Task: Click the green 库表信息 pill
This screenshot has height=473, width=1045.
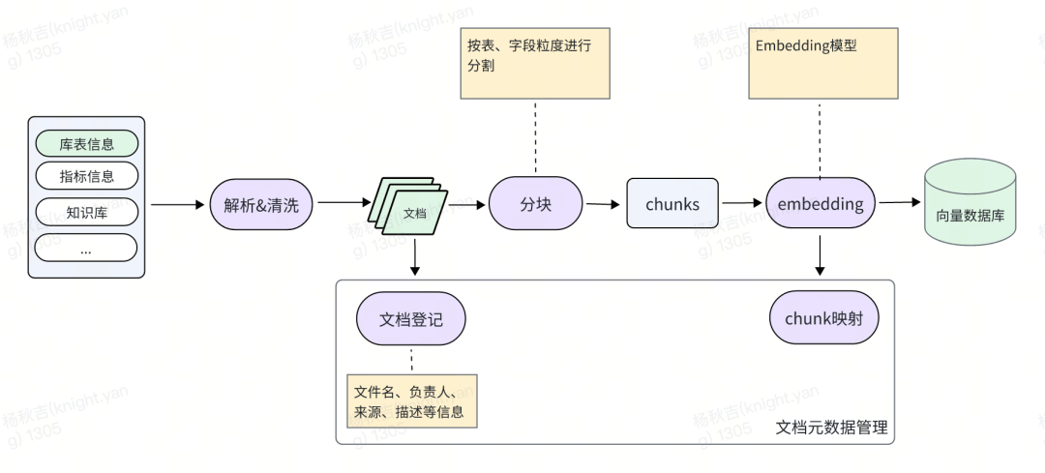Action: point(87,144)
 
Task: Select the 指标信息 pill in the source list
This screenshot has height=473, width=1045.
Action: point(87,176)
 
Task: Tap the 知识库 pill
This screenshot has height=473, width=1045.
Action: point(87,213)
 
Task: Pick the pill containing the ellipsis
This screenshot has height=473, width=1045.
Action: point(87,249)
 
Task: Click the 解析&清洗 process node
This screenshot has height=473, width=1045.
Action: point(261,204)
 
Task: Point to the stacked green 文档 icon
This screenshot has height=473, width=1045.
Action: point(407,205)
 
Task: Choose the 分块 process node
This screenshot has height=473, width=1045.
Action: point(535,204)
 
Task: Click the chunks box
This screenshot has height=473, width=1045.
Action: point(672,204)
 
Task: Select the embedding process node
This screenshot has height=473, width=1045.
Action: point(821,204)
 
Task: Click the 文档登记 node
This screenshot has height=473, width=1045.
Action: point(411,318)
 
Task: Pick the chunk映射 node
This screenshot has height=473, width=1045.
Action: point(824,318)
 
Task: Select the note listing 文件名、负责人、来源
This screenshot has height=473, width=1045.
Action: point(412,401)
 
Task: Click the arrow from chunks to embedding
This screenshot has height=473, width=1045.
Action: point(742,203)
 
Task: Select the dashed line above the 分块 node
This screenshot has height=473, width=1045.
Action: point(535,136)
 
